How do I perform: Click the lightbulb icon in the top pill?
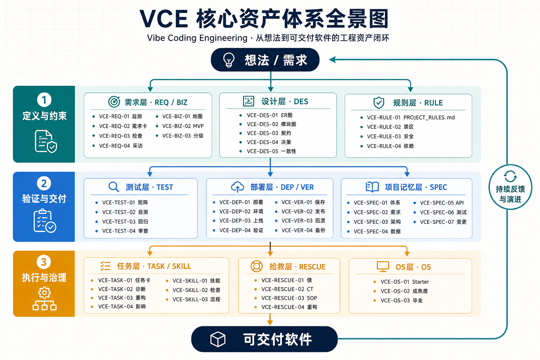229,59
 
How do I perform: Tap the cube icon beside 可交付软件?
218,339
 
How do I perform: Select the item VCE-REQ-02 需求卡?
123,126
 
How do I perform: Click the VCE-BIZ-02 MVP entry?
183,126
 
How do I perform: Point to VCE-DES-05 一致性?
271,151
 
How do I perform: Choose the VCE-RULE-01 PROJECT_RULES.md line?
411,117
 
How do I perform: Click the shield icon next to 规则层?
379,103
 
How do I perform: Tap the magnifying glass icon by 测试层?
114,187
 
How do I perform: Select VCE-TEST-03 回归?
125,221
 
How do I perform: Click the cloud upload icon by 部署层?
237,187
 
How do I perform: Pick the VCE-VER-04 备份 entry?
303,230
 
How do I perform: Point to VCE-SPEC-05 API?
442,203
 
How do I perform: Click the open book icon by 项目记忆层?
372,187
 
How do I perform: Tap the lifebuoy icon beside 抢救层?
257,266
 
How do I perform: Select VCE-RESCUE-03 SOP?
289,298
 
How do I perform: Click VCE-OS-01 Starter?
405,282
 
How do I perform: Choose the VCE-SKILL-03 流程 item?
196,299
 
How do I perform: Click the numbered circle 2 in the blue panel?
44,183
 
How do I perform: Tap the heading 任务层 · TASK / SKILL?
154,266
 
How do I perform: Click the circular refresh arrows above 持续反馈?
510,176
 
